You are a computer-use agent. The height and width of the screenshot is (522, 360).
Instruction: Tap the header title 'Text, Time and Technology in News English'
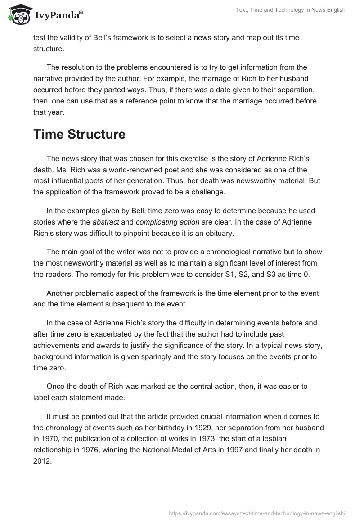291,10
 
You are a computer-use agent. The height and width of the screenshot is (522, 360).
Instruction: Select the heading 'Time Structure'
79,134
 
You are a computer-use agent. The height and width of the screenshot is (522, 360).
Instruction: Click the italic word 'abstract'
105,222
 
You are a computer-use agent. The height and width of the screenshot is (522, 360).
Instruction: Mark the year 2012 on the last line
42,460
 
